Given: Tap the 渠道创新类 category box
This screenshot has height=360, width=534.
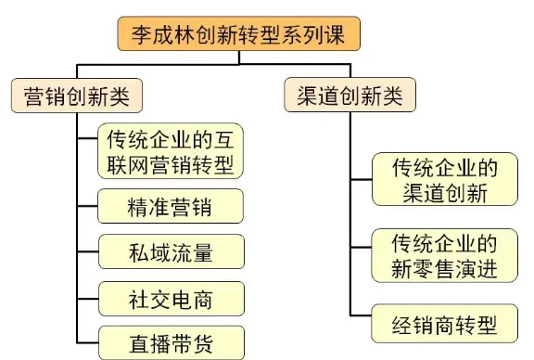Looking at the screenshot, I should pos(349,96).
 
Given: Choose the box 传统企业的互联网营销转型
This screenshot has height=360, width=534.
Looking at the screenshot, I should pos(172,153).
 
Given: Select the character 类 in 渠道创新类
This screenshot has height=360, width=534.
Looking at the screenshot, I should pos(398,96).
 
